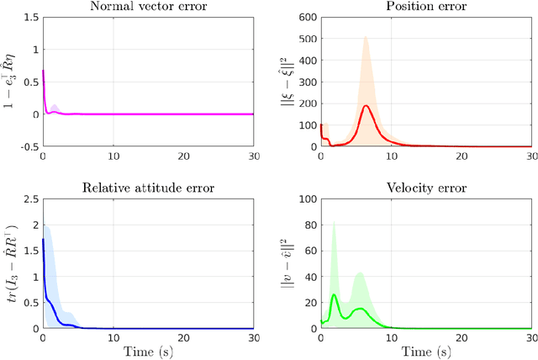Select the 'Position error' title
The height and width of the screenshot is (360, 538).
(x=425, y=8)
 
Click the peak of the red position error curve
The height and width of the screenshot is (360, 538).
(x=367, y=106)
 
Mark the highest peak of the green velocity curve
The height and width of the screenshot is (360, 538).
(x=334, y=294)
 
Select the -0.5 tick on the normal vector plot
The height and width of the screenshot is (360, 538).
(x=28, y=146)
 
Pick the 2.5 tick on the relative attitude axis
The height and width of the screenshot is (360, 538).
(x=30, y=199)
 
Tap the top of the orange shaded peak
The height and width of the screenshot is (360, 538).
(x=366, y=37)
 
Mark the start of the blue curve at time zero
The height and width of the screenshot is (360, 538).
(x=43, y=240)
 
